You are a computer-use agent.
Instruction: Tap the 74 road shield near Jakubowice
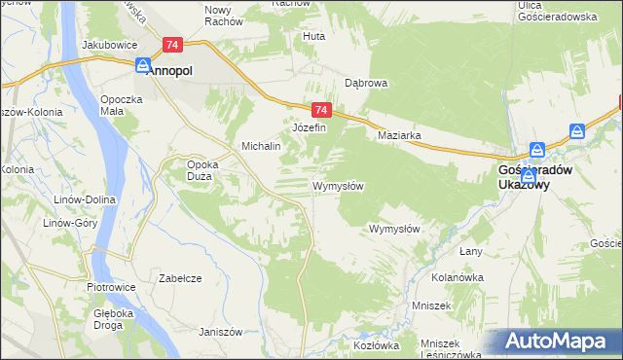click(x=172, y=45)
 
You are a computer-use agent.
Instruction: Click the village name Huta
click(x=313, y=36)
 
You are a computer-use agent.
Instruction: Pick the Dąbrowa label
click(x=366, y=83)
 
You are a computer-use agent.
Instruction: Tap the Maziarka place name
click(x=399, y=136)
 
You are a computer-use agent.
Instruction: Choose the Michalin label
click(x=261, y=146)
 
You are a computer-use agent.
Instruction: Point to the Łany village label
click(x=471, y=251)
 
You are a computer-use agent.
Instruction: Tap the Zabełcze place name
click(x=180, y=277)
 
